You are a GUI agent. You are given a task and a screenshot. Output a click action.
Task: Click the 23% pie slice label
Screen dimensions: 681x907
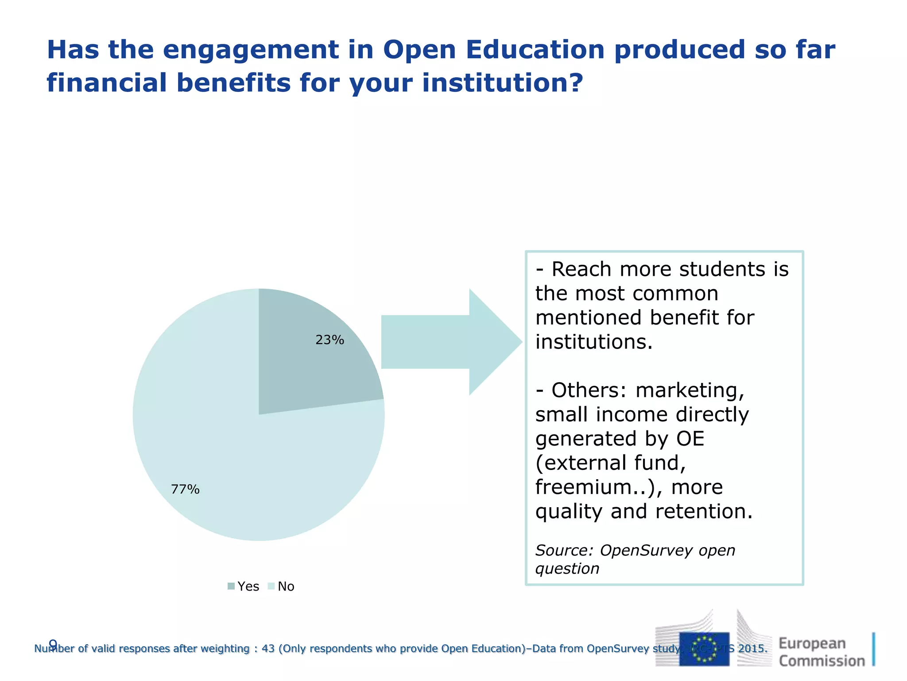coord(329,340)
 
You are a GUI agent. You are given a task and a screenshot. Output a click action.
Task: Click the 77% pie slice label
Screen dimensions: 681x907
coord(185,489)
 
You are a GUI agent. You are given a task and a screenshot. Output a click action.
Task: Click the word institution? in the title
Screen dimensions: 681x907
coord(502,83)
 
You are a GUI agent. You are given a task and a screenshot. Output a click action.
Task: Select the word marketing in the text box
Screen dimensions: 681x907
coord(690,391)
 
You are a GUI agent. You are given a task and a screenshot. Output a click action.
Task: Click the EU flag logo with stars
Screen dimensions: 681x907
coord(704,649)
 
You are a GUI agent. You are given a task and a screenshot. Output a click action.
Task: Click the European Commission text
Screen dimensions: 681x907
coord(822,652)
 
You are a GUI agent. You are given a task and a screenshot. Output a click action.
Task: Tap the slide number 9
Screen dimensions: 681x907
coord(53,643)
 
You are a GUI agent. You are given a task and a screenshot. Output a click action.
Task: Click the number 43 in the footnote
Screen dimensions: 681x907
coord(268,649)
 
